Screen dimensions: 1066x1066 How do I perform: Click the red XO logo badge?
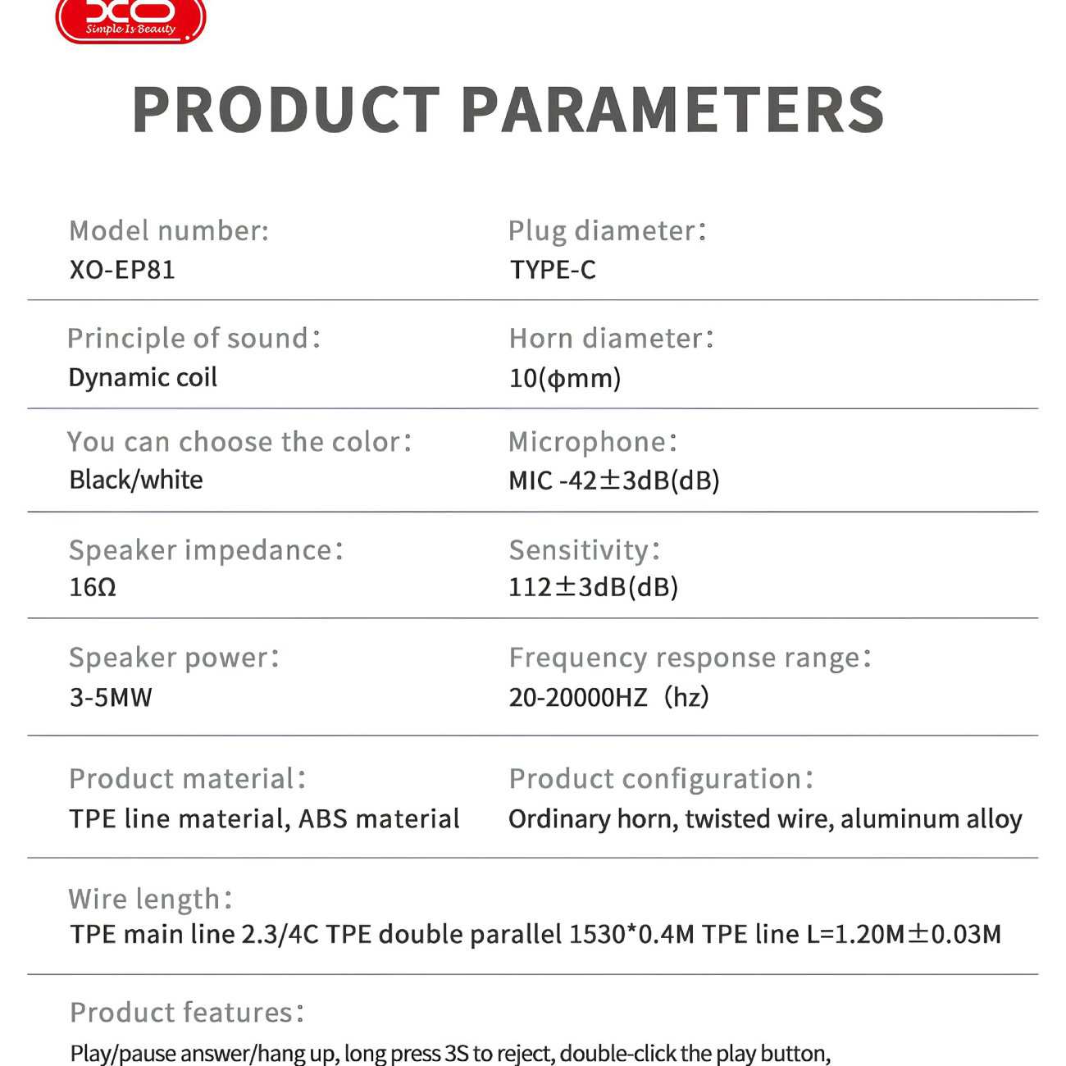coord(130,20)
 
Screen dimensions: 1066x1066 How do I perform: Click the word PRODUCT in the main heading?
coord(286,110)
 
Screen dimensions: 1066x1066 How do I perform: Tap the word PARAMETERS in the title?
coord(672,110)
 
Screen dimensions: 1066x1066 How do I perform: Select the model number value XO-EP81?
coord(122,270)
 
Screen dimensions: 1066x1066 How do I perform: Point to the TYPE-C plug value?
coord(553,270)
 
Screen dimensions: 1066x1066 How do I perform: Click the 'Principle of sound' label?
coord(194,339)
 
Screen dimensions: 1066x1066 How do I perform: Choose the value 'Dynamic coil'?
coord(143,378)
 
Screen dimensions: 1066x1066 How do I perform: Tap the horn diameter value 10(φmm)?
coord(565,379)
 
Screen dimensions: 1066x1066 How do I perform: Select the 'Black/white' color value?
coord(136,480)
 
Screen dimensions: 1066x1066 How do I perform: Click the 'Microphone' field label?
coord(593,442)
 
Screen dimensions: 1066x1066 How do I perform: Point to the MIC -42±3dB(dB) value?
coord(614,481)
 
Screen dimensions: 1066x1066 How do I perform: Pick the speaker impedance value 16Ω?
coord(93,587)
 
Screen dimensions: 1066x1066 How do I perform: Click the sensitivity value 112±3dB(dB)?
coord(593,587)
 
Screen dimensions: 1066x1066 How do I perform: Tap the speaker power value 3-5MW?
coord(111,697)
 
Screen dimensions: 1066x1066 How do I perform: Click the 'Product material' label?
coord(188,779)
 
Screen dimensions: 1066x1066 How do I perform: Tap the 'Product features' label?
coord(187,1013)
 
